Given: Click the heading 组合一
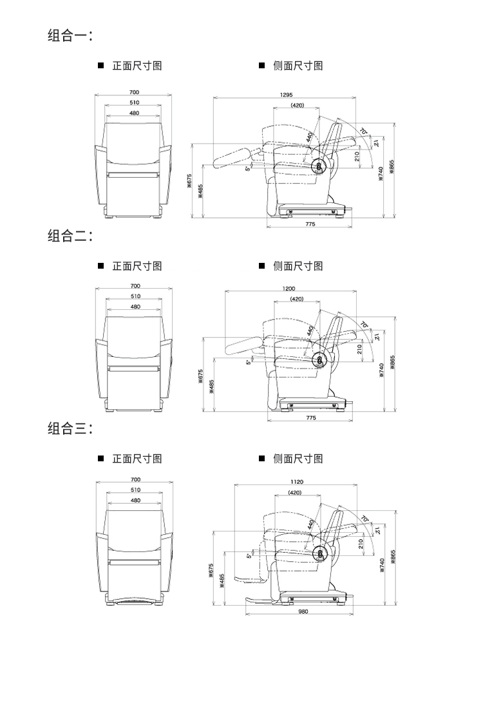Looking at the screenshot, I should tap(70, 35).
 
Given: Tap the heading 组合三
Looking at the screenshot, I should tap(70, 428).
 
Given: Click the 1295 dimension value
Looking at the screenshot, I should tap(286, 95).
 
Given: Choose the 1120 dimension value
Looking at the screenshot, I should tap(297, 482).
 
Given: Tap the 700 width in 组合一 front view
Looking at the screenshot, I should tap(134, 93).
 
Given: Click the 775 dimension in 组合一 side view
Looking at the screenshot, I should tap(310, 224).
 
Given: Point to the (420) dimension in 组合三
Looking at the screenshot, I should tap(296, 492).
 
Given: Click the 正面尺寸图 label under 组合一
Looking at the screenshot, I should tap(137, 66).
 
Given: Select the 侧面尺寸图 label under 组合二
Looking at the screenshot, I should tap(298, 266).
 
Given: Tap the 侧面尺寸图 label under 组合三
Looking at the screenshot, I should tap(298, 459).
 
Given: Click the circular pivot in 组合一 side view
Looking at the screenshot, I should tap(319, 165).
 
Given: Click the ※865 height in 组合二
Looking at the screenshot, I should tap(392, 363).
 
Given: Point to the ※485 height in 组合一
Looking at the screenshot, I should tap(200, 191).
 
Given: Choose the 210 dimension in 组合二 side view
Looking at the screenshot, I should tap(359, 349).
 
